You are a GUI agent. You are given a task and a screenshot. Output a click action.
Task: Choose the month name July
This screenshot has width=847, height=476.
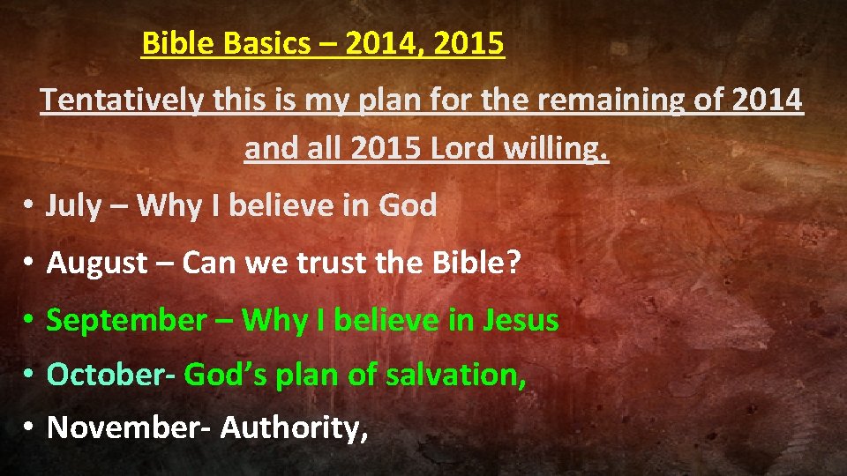[x=74, y=206]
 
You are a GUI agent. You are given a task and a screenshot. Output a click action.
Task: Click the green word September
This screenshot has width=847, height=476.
[x=125, y=320]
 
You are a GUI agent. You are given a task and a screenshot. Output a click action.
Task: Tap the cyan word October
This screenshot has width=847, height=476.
[x=111, y=375]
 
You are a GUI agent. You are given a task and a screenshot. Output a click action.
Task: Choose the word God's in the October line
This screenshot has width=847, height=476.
[x=226, y=375]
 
